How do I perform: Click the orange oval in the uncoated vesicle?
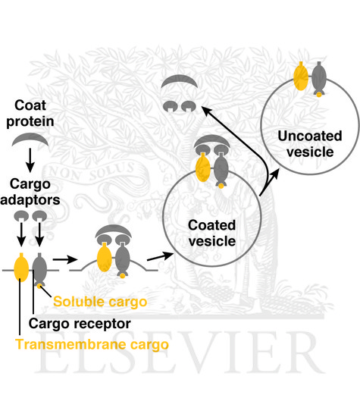(300, 77)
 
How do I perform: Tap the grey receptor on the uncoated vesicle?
(320, 78)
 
